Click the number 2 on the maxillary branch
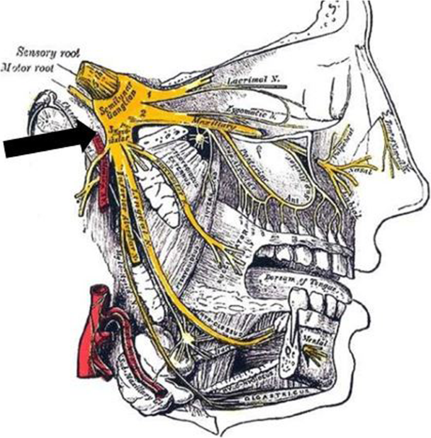pyautogui.click(x=143, y=113)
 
